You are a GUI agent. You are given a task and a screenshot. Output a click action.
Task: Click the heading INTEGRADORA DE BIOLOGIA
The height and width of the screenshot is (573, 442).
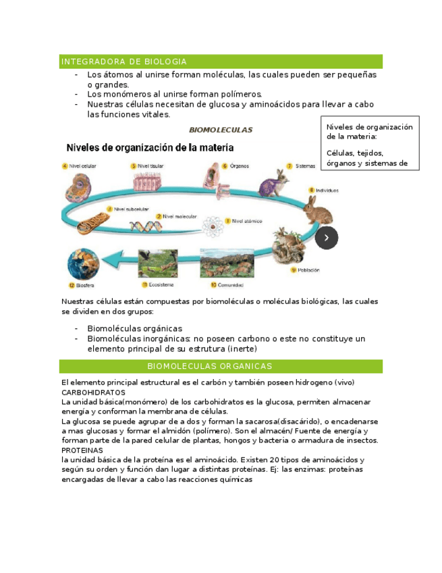pos(123,61)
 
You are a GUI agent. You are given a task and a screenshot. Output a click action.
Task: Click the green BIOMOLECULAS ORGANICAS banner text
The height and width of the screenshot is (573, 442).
pos(209,366)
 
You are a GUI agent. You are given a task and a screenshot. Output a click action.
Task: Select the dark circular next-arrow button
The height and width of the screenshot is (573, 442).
pos(327,237)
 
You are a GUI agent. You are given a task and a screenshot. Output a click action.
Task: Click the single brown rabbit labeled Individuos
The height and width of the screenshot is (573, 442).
pos(319,209)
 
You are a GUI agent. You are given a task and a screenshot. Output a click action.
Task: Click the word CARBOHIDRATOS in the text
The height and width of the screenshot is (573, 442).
pos(93,392)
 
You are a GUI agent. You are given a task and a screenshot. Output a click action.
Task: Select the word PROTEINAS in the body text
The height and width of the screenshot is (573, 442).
pos(82,449)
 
